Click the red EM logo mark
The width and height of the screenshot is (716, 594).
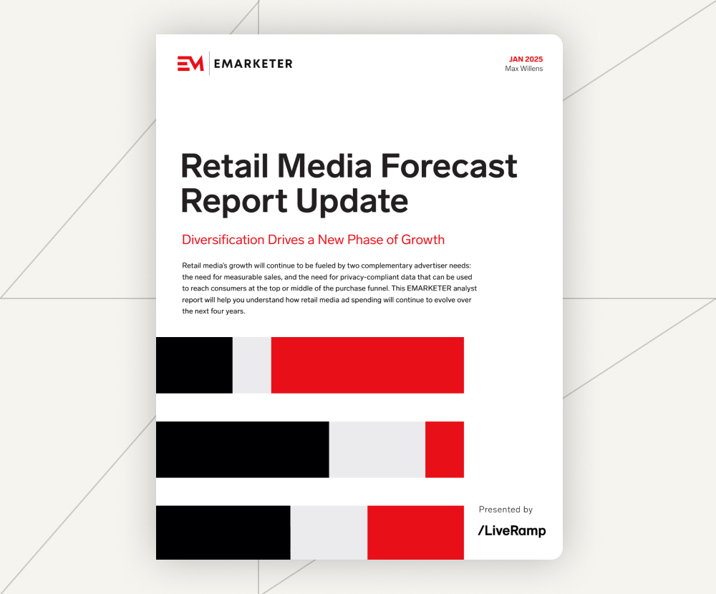190,64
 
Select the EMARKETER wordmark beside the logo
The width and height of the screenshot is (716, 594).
253,64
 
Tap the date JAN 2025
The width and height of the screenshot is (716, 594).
526,59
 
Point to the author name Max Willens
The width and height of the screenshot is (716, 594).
524,69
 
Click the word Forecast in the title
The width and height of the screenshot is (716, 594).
449,165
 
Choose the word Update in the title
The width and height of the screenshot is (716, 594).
352,201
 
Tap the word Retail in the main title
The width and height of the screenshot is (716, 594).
224,165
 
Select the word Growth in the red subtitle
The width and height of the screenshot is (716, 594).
423,240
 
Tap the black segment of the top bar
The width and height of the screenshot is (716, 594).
194,365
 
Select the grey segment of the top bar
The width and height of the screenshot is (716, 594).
251,365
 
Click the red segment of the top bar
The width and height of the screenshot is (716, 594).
367,365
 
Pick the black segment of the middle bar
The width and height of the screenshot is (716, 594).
243,449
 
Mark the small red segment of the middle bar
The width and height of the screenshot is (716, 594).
445,449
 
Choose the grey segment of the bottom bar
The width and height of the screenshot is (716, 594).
329,532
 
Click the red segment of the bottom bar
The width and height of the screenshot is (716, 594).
415,532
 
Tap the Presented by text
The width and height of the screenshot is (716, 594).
505,510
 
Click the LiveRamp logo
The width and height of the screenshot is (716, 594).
512,530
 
